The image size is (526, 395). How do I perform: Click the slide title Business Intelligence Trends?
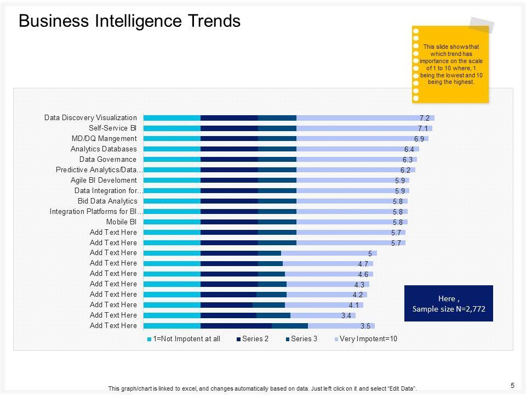(x=129, y=21)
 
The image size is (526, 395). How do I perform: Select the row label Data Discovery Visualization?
(x=90, y=117)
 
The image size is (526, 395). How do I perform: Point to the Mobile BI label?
(x=121, y=222)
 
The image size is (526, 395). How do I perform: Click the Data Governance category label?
(x=108, y=159)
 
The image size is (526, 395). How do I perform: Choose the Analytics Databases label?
(x=104, y=149)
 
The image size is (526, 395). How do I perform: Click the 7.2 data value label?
(x=424, y=118)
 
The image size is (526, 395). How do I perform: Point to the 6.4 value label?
(x=409, y=149)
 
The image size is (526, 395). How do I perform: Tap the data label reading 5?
(x=370, y=253)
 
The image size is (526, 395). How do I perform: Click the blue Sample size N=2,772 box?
(x=448, y=303)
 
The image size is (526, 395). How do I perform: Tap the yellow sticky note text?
(x=451, y=64)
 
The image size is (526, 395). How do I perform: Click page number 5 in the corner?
(x=512, y=385)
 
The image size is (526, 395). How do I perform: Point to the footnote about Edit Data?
(x=262, y=388)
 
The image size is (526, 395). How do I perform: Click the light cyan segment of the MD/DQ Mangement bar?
(x=171, y=138)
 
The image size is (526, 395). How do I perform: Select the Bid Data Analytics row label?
(x=107, y=201)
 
